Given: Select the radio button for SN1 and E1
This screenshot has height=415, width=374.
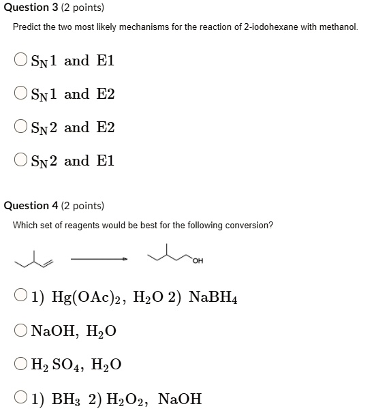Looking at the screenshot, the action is point(21,61).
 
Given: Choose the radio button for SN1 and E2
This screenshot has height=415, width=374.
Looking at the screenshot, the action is point(21,94).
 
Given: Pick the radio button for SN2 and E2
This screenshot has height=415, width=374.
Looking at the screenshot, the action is point(21,127).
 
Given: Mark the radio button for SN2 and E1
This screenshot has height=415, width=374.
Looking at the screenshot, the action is point(21,161).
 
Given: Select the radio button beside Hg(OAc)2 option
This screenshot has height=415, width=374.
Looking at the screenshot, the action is point(21,297).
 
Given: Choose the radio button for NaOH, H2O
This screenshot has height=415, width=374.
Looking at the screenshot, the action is point(21,331).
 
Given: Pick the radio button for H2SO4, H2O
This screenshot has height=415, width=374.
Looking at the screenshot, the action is point(21,365).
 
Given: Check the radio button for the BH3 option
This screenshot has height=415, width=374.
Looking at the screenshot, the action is point(21,399).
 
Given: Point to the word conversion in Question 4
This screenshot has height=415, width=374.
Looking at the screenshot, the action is point(250,226).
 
